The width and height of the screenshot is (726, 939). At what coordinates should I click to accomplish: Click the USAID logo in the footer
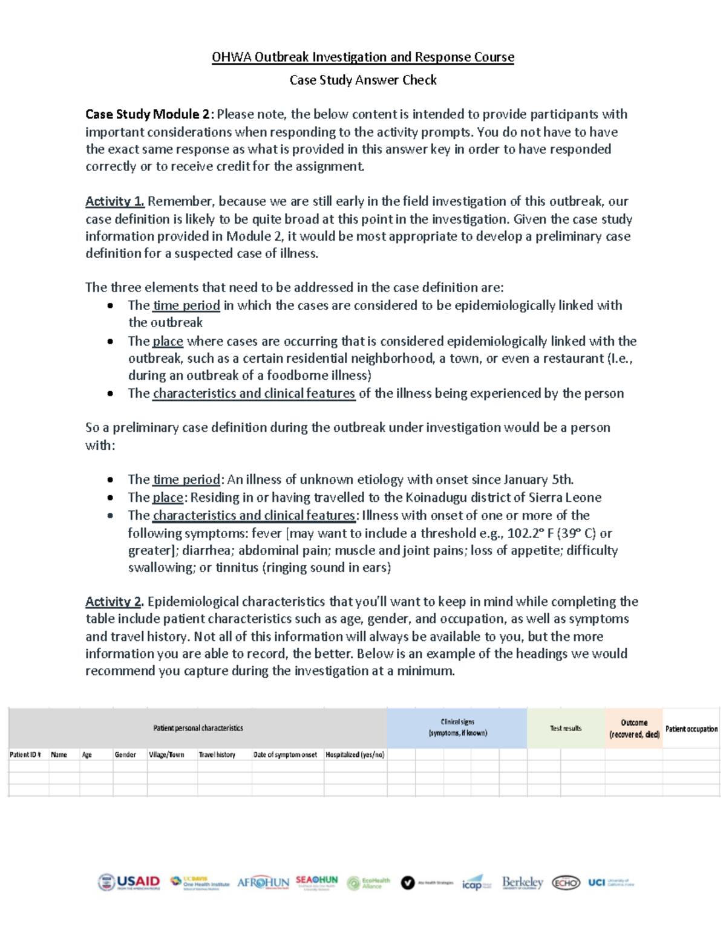(129, 882)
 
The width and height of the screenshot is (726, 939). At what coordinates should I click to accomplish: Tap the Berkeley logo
(522, 883)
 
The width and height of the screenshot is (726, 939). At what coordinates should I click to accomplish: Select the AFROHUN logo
(263, 883)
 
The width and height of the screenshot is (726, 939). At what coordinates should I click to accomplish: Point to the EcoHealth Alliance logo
(368, 883)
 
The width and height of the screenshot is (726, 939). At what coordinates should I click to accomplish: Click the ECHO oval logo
(566, 883)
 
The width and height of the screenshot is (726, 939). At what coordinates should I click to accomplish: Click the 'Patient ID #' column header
(25, 755)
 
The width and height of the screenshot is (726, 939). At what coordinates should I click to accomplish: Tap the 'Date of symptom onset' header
(285, 755)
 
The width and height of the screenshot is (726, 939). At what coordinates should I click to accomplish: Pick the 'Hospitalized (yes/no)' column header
(355, 755)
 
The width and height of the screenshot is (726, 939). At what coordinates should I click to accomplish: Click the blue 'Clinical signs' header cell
(457, 727)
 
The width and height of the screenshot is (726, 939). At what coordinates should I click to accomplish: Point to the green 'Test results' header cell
(565, 728)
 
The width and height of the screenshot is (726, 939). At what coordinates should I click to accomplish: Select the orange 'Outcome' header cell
(633, 728)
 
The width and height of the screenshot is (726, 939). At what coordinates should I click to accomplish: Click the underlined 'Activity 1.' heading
(115, 201)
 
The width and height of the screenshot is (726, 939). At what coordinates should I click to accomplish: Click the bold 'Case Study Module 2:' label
(149, 114)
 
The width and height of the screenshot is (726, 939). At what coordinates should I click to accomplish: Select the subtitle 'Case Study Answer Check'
(363, 80)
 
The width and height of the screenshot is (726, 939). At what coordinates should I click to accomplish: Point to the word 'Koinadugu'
(434, 498)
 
